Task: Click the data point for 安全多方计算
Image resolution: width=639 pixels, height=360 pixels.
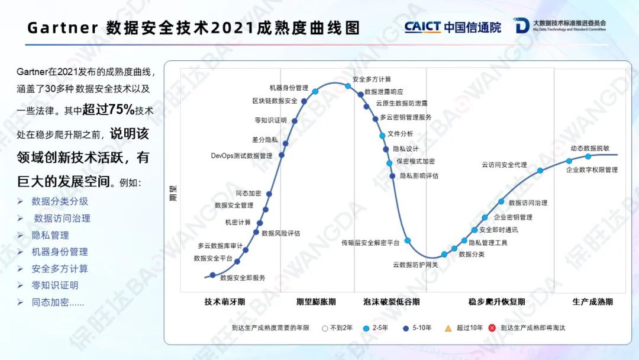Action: [x=348, y=86]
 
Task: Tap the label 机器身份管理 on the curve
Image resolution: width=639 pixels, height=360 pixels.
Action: [x=289, y=88]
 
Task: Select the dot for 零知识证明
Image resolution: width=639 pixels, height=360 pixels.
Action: [x=295, y=121]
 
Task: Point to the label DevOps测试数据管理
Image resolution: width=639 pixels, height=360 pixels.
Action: [x=241, y=156]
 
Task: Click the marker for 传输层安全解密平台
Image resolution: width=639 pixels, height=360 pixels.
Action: [x=408, y=240]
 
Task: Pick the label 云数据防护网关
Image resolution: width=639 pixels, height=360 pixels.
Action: [x=415, y=265]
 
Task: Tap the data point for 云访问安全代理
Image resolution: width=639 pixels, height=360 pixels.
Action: [x=540, y=171]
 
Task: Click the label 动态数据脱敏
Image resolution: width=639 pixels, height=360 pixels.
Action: [x=590, y=149]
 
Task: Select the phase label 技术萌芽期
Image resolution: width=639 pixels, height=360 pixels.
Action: [x=225, y=302]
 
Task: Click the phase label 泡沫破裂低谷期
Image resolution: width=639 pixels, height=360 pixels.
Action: [x=391, y=302]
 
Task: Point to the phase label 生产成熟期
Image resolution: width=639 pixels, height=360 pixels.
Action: [x=592, y=302]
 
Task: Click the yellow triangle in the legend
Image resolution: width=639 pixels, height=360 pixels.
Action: [x=448, y=328]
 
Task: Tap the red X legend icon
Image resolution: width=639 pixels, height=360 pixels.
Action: [x=492, y=328]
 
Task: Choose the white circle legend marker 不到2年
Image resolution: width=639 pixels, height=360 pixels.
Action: [x=325, y=328]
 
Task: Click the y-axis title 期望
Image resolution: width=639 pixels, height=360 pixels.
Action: [x=173, y=193]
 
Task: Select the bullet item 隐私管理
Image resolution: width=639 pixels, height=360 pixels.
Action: [x=50, y=235]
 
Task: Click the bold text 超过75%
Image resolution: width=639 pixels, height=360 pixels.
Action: [x=108, y=110]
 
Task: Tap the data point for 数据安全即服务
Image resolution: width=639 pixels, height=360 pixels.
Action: [x=212, y=275]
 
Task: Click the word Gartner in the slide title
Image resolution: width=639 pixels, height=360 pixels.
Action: [x=63, y=28]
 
